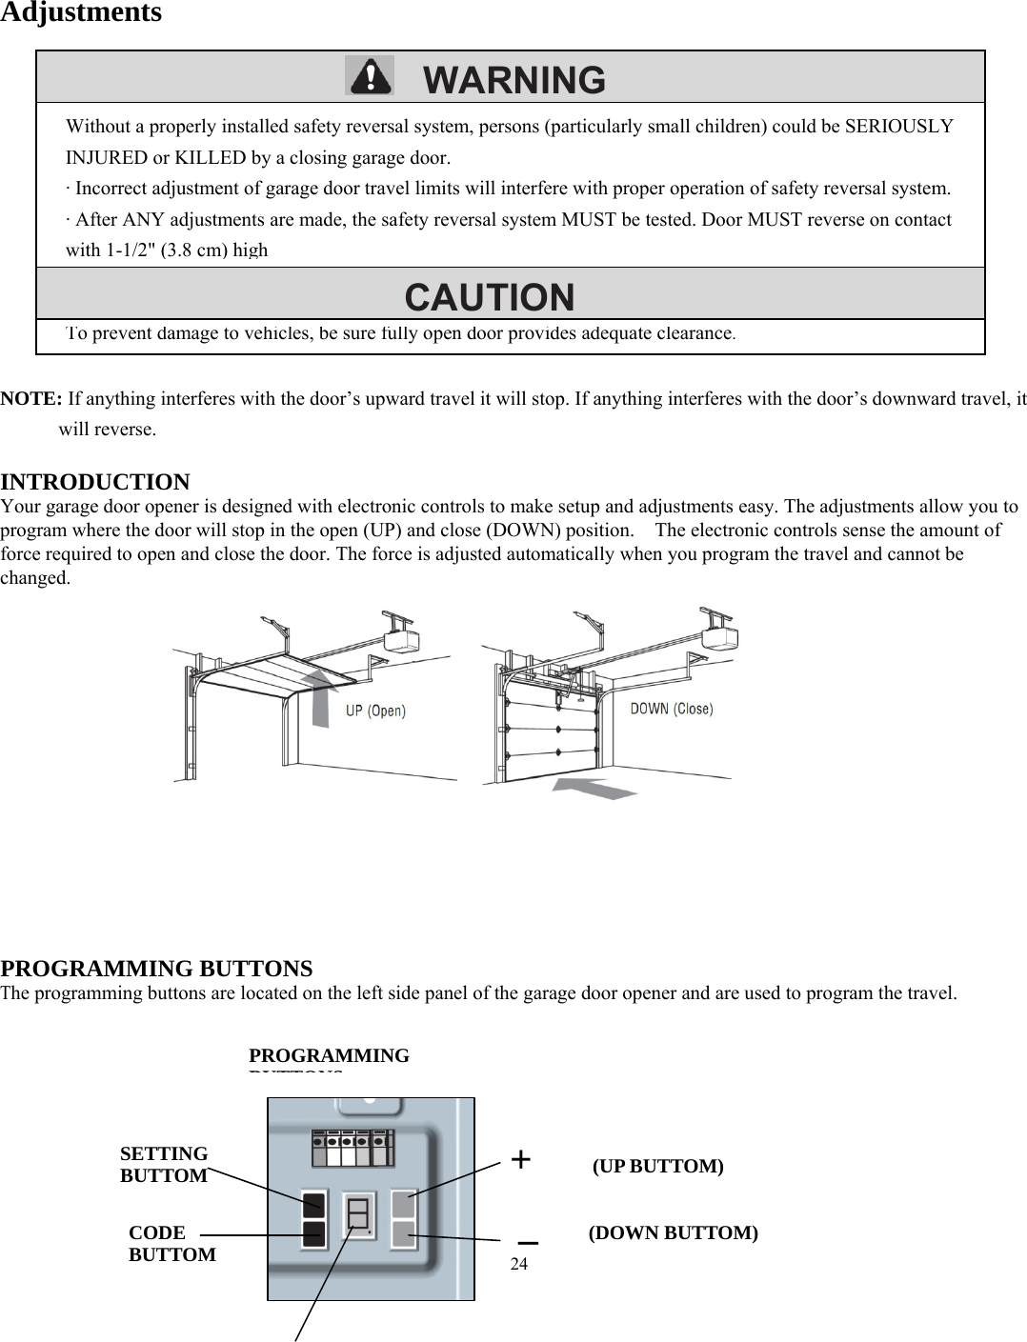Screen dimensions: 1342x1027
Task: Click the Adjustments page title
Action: (x=81, y=13)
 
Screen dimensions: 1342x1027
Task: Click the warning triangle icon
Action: (x=369, y=76)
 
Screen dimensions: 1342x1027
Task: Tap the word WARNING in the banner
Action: (x=513, y=80)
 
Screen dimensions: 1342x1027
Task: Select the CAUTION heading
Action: (x=490, y=297)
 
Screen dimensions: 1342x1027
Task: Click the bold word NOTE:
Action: (x=31, y=398)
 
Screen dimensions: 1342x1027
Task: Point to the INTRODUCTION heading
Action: (x=95, y=482)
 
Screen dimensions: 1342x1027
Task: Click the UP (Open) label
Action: (x=374, y=711)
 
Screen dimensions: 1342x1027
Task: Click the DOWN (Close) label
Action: (x=671, y=709)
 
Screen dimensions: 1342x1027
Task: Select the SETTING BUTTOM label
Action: (x=164, y=1165)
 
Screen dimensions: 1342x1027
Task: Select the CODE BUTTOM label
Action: (x=171, y=1244)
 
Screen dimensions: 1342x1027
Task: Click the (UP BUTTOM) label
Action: (x=657, y=1167)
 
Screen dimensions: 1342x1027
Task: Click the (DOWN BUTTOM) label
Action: (x=673, y=1233)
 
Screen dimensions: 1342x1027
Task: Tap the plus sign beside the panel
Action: (x=521, y=1159)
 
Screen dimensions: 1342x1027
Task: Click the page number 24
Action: (x=519, y=1264)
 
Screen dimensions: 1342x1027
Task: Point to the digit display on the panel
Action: (x=358, y=1214)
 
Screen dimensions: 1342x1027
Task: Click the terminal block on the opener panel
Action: (x=352, y=1148)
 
